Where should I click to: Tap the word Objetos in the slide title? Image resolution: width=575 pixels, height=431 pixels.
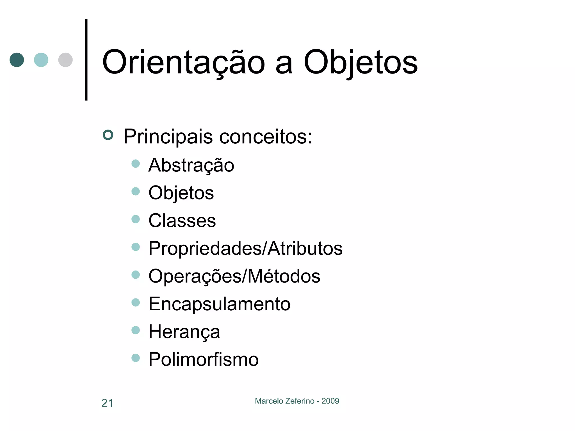point(360,62)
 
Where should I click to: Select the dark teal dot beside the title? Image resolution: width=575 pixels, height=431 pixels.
point(17,60)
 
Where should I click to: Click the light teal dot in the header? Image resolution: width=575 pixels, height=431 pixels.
point(41,60)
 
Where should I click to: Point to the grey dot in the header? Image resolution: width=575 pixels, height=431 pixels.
point(65,60)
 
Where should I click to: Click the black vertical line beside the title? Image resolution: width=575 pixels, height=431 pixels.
point(86,60)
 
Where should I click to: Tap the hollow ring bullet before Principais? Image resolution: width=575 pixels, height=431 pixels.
point(108,135)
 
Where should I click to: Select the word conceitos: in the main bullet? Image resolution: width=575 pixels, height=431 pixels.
point(265,137)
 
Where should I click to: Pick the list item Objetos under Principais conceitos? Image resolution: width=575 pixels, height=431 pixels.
point(181,193)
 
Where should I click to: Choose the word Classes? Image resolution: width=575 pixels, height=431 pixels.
point(182,221)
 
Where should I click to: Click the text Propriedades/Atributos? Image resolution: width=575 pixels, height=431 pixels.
point(245,248)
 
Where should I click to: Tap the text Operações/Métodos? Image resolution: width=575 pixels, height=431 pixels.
point(234,276)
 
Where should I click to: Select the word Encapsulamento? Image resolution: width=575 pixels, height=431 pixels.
point(219,304)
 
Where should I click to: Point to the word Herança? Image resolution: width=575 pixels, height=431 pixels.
point(184,332)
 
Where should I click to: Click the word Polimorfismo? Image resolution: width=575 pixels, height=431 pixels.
point(203,359)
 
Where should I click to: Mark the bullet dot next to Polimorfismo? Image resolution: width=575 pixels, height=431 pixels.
point(136,358)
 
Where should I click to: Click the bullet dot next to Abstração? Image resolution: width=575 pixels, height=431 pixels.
point(136,164)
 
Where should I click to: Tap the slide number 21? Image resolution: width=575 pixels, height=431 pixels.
point(107,403)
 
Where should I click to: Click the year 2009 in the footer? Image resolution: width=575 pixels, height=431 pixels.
point(330,401)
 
